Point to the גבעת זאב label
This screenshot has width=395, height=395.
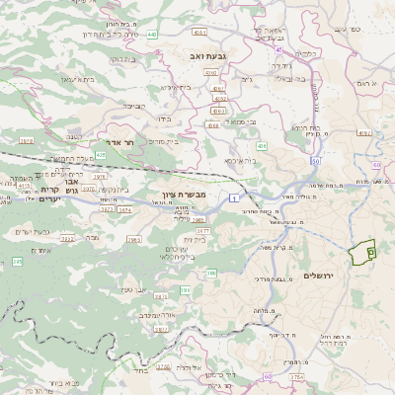tap(208, 56)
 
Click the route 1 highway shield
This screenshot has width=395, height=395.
tap(235, 199)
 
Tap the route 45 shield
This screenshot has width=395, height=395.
tap(279, 49)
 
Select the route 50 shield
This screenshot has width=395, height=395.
tap(315, 160)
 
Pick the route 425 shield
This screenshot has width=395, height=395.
tap(101, 155)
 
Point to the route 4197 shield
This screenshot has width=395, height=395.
tap(363, 131)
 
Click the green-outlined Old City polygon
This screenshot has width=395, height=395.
tap(365, 253)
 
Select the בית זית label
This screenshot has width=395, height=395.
tap(194, 239)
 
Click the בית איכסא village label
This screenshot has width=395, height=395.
tap(242, 160)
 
